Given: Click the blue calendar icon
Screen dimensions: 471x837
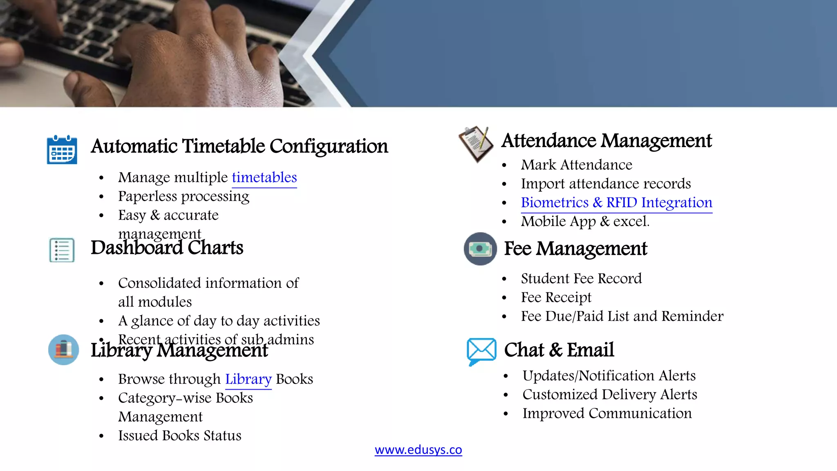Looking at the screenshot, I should click(62, 150).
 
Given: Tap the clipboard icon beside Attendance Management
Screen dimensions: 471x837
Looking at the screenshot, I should click(476, 144).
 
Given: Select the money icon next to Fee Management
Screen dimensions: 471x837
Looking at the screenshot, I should click(480, 249).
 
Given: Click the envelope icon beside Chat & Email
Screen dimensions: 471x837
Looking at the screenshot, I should click(481, 351).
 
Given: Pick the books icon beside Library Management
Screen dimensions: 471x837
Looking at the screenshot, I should click(63, 350).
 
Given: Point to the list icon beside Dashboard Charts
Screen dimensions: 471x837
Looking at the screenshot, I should click(62, 250).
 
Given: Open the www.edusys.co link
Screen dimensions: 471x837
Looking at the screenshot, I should click(418, 450).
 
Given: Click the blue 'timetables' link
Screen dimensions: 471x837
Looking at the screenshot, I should click(264, 177).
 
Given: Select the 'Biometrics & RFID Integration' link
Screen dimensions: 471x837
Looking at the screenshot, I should click(616, 203).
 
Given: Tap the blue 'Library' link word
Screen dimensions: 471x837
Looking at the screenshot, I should click(248, 379).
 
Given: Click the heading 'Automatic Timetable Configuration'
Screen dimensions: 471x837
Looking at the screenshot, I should click(239, 146).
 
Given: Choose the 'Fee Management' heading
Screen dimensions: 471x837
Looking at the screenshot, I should click(575, 249).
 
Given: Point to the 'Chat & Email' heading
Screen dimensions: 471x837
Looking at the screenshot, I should click(559, 350).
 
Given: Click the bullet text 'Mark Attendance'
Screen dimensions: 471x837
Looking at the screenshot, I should click(576, 165).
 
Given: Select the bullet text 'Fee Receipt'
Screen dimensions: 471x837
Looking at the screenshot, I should click(556, 297).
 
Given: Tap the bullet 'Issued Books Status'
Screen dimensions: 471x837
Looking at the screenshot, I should click(179, 435).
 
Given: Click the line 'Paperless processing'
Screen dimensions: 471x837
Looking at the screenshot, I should click(184, 196).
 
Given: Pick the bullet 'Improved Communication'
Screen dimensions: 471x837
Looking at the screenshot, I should click(607, 413).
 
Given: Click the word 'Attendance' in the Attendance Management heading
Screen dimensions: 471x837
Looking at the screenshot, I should click(549, 141).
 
